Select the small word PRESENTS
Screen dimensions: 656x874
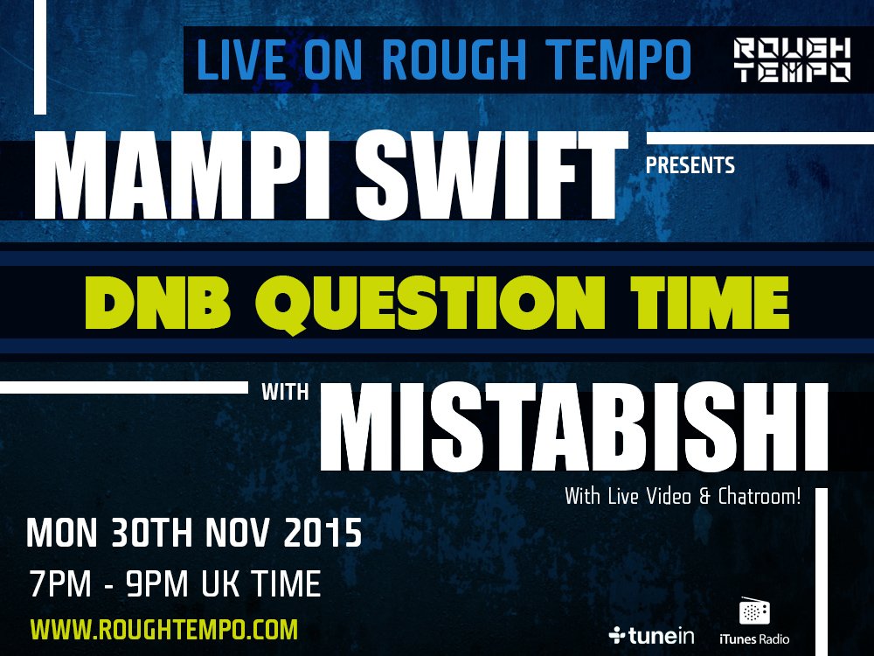[x=690, y=164]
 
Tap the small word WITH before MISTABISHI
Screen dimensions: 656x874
[x=285, y=392]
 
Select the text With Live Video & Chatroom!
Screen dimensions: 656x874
[x=683, y=497]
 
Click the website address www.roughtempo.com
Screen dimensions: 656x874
[x=164, y=629]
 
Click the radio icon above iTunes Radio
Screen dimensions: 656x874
[x=753, y=611]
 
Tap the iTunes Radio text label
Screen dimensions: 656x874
[x=753, y=639]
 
